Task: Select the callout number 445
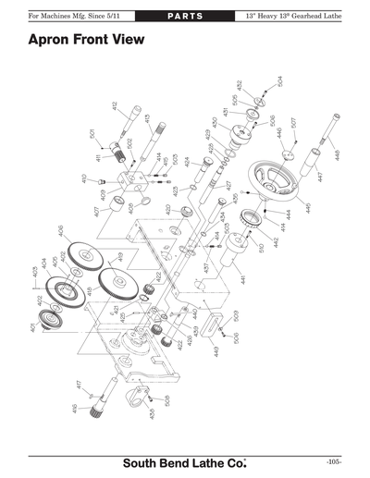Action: click(x=308, y=208)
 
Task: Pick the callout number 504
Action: click(x=279, y=81)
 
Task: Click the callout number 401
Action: click(x=32, y=328)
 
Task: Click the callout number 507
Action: click(x=293, y=122)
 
